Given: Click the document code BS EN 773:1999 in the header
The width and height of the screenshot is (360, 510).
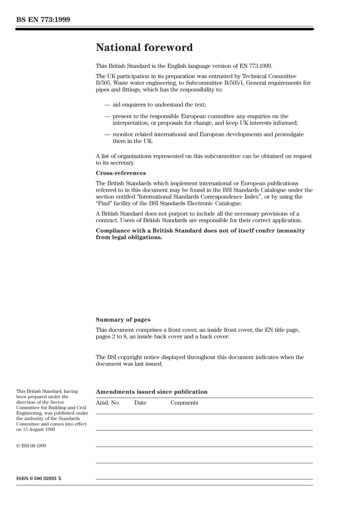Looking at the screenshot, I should click(x=43, y=20).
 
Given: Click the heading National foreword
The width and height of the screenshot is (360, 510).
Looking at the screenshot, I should click(x=144, y=47).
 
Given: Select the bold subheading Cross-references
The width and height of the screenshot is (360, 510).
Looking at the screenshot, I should click(x=121, y=173).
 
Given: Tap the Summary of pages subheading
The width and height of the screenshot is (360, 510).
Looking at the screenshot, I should click(x=123, y=320).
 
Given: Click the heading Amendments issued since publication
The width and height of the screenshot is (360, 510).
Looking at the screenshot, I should click(x=152, y=392).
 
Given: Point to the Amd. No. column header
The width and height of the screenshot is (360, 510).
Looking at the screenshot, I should click(x=108, y=403).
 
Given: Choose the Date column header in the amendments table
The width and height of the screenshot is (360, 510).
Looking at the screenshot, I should click(x=140, y=403).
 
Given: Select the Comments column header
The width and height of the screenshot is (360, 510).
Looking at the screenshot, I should click(x=184, y=403).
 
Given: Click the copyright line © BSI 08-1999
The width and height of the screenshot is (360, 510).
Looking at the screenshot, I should click(x=31, y=446).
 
